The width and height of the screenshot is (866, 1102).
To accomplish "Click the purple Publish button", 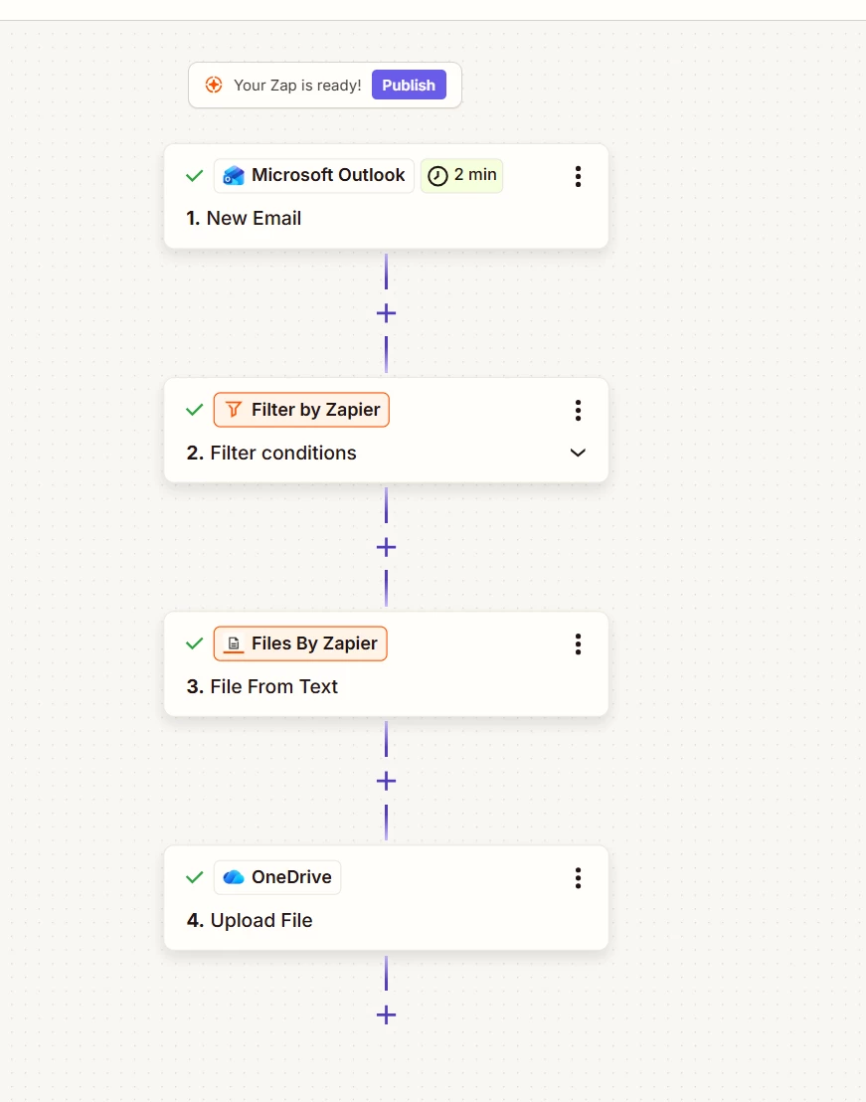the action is [409, 86].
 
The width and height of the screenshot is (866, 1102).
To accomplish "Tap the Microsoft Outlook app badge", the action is [314, 175].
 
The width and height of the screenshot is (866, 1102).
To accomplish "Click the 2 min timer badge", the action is [461, 175].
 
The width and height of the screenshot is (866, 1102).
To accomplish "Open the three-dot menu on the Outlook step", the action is [578, 176].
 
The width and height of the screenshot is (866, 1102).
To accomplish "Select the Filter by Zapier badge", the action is [301, 410].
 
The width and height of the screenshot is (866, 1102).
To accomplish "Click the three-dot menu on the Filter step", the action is [578, 411].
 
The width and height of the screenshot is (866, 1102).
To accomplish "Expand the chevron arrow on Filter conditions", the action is [578, 453].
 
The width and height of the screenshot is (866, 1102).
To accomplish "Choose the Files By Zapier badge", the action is [300, 643].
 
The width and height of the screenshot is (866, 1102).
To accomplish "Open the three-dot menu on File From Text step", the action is [578, 644].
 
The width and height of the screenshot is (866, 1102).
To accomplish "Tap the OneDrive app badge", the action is [277, 878].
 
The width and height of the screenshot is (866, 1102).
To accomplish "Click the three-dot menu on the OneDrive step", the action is [578, 878].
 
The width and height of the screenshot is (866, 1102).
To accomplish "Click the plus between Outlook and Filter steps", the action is [387, 313].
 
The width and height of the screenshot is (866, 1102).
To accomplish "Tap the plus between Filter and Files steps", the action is [387, 547].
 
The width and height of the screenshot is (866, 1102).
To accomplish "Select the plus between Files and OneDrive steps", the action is [387, 781].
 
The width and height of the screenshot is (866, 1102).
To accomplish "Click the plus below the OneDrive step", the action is [387, 1014].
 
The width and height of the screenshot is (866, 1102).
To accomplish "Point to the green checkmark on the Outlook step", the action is [195, 176].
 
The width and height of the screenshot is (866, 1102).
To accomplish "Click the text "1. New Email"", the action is [244, 219].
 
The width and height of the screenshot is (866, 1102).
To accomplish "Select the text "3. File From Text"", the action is [261, 686].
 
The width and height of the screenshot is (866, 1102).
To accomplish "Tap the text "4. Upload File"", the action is [250, 921].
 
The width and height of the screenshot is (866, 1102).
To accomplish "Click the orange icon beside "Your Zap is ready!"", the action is [214, 86].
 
